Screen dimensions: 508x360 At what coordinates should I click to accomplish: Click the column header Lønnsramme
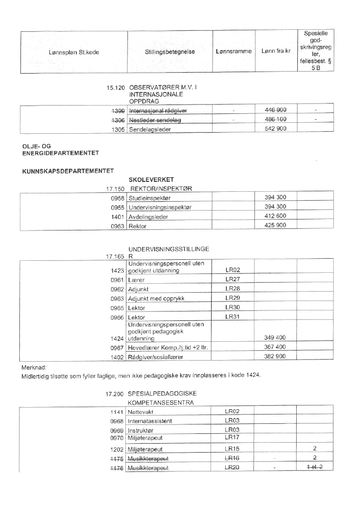[234, 52]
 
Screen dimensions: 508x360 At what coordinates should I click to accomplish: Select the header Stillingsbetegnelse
[170, 52]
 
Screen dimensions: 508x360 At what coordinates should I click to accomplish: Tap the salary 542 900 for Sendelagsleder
[275, 129]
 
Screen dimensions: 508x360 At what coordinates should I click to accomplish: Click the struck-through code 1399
[117, 110]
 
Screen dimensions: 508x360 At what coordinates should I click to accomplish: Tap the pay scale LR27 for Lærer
[233, 280]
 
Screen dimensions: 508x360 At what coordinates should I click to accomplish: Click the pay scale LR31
[233, 317]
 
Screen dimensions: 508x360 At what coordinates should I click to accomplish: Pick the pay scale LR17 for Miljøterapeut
[233, 436]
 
